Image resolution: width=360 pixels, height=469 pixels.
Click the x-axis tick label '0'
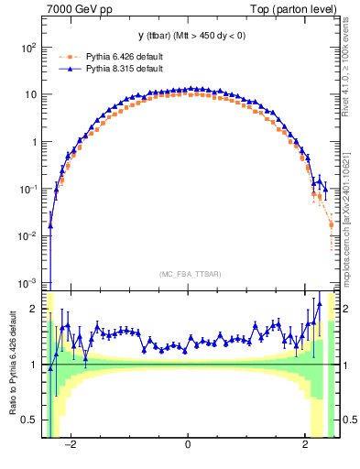pyautogui.click(x=189, y=448)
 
